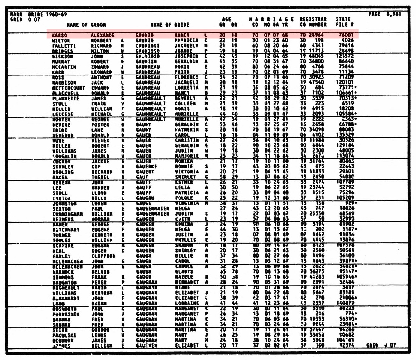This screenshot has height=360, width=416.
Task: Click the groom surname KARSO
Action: [59, 35]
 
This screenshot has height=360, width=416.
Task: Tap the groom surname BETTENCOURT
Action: [68, 88]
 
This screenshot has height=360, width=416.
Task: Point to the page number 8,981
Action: [393, 14]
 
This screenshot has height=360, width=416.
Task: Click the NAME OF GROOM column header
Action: [86, 25]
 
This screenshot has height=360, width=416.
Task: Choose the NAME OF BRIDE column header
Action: [170, 25]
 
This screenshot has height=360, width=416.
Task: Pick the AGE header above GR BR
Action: [227, 19]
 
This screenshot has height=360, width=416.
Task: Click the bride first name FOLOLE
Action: [184, 198]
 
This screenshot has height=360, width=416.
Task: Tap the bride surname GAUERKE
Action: [147, 167]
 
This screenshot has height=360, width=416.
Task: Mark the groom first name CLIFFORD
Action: [103, 256]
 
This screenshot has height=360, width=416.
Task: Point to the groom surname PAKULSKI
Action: [64, 335]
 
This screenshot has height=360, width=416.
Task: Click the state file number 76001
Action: [346, 35]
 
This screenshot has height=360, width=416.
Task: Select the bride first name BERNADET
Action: [187, 282]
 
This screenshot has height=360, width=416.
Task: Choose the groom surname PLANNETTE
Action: [66, 99]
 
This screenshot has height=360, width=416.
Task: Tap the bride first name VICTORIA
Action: [187, 172]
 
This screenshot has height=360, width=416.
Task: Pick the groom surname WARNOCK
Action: [63, 272]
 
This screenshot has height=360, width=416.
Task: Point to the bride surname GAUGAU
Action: [145, 198]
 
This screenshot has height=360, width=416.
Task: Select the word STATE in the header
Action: [343, 19]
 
